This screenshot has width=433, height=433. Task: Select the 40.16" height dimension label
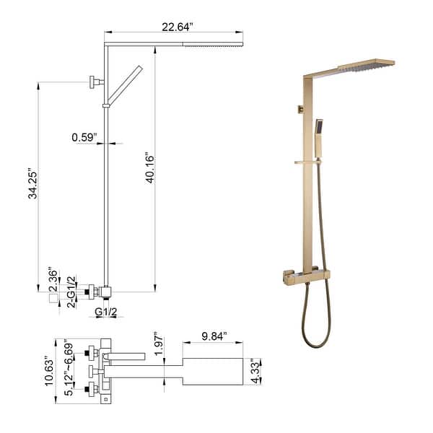point(149,167)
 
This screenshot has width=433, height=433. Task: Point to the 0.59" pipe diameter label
point(84,136)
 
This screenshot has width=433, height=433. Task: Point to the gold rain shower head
point(364,67)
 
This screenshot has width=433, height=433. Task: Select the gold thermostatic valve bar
point(305,274)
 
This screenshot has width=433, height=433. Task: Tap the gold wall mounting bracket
point(297,109)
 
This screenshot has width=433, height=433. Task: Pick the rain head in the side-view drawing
point(213,44)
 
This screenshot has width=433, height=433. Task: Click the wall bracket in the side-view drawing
point(94,82)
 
